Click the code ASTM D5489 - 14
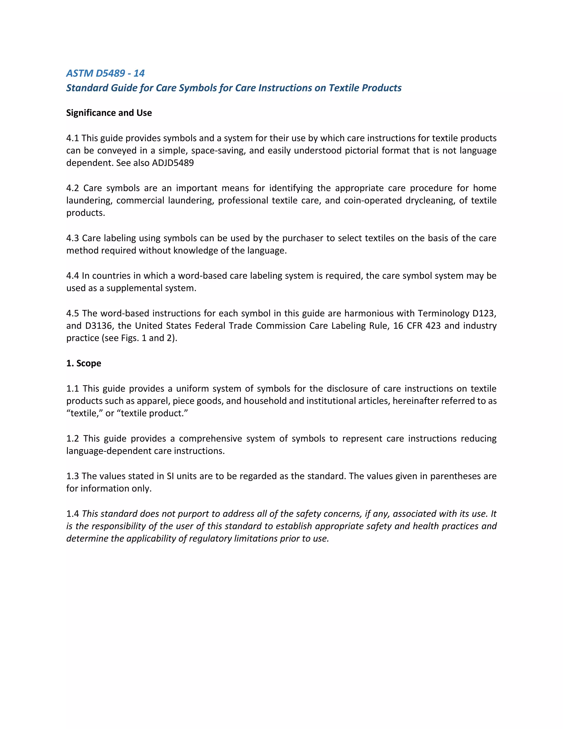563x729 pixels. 105,73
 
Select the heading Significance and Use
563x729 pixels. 109,113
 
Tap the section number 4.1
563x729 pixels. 72,138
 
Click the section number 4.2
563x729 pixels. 72,188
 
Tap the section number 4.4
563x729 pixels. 72,276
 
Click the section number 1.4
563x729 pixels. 72,514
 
